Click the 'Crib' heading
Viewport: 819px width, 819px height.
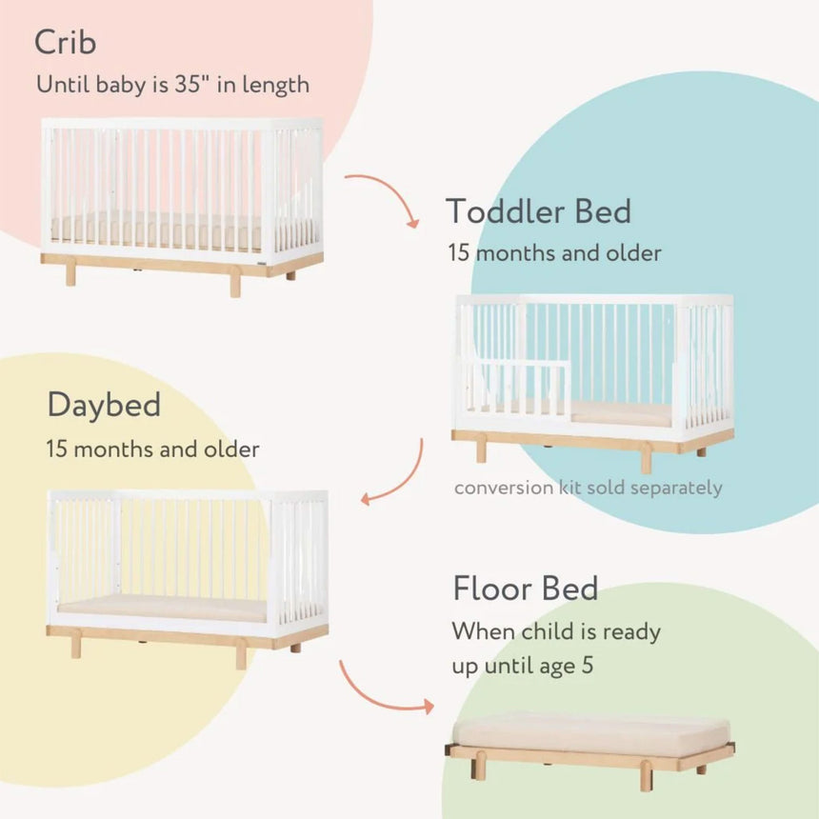[66, 42]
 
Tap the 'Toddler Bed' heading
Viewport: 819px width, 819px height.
[538, 211]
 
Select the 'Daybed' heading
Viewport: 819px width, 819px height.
[104, 406]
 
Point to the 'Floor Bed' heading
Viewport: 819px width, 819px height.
[526, 589]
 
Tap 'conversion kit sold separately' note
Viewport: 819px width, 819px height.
[589, 488]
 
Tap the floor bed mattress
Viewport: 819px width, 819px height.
[590, 730]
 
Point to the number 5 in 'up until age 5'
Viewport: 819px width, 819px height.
[588, 666]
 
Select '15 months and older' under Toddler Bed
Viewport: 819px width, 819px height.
[554, 253]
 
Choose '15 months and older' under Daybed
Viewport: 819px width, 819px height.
[152, 449]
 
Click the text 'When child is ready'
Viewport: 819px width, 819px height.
[556, 631]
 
